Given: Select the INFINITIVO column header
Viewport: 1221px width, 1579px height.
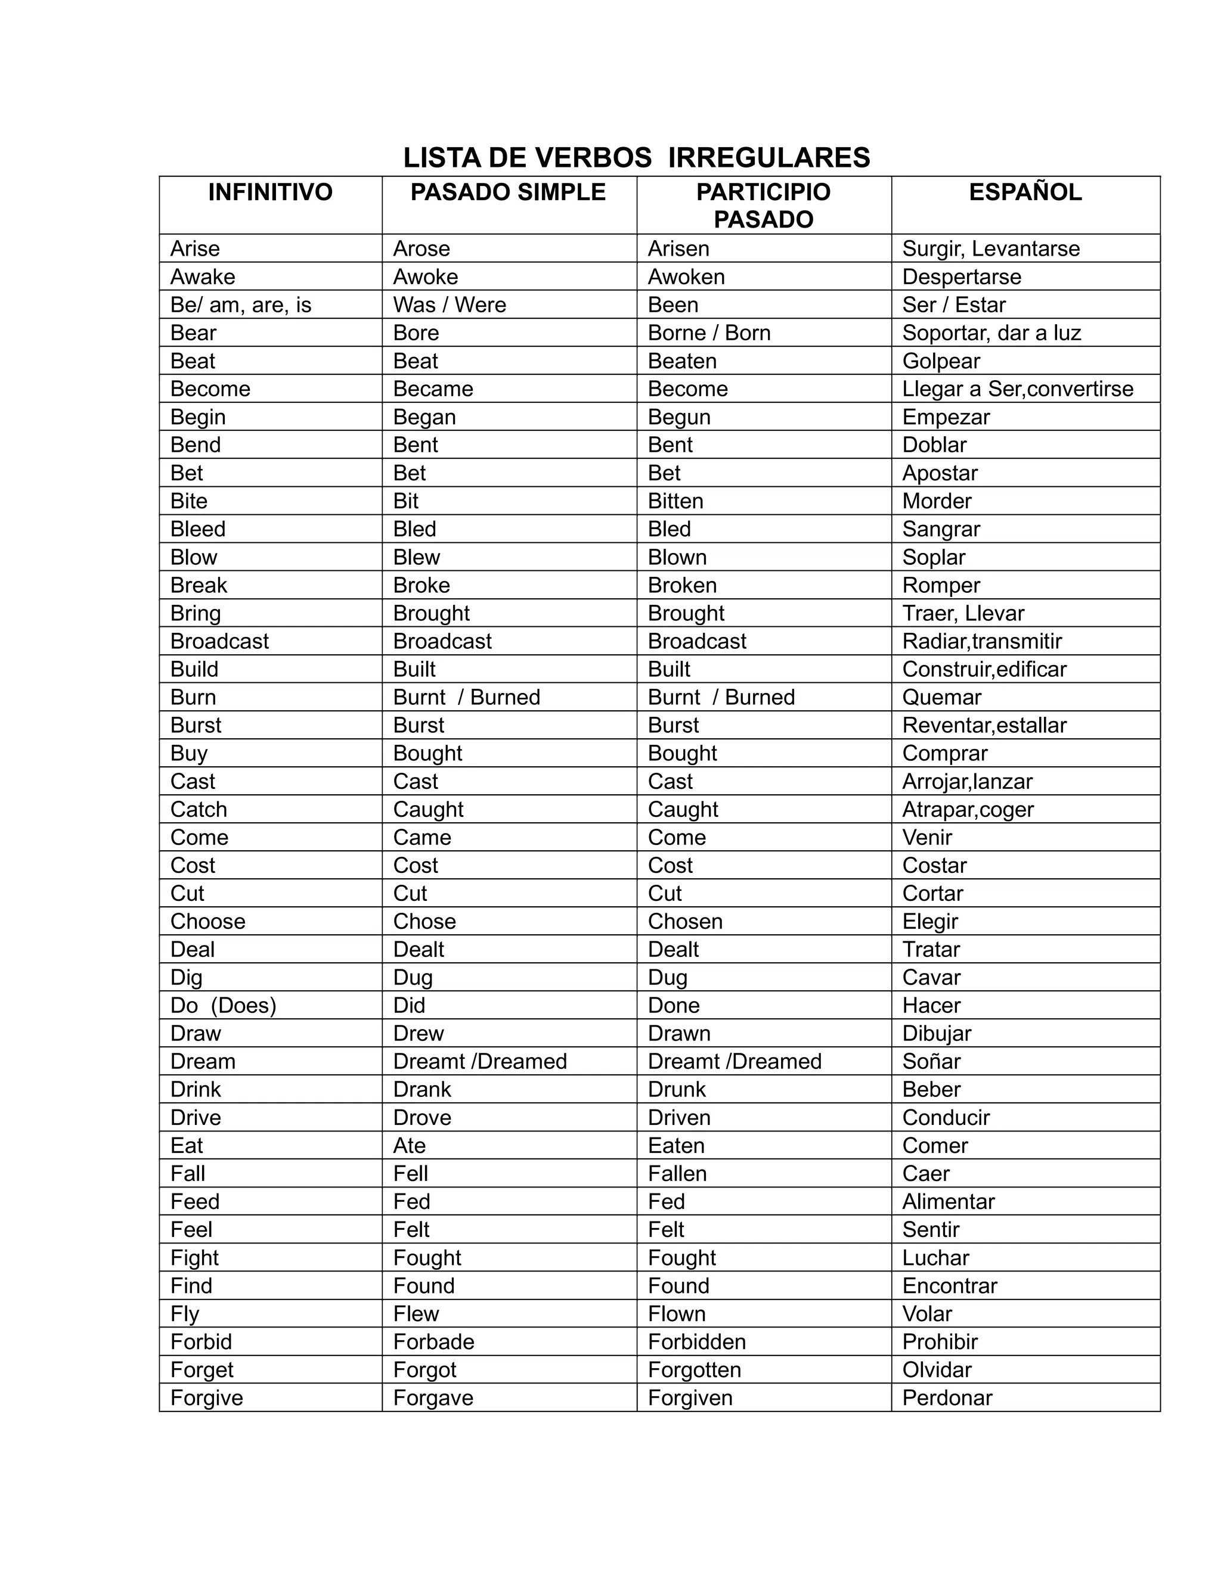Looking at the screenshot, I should pyautogui.click(x=270, y=192).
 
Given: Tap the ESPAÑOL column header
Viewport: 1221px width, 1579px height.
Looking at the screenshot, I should pyautogui.click(x=1025, y=192).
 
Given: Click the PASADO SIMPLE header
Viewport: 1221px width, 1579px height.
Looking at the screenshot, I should pyautogui.click(x=508, y=192).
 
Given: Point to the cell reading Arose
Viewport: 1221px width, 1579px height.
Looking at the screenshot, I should pyautogui.click(x=421, y=248).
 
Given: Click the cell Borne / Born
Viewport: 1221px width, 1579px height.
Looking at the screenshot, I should pyautogui.click(x=709, y=333).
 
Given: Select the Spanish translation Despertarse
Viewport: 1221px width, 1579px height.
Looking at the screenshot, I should pyautogui.click(x=961, y=277).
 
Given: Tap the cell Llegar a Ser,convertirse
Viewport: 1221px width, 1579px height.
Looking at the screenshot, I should pyautogui.click(x=1017, y=389).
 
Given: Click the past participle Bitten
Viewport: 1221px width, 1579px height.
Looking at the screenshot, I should pyautogui.click(x=675, y=501).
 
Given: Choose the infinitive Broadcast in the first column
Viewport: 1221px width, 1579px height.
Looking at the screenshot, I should pyautogui.click(x=219, y=641).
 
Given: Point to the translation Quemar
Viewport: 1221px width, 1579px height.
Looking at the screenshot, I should pyautogui.click(x=941, y=698).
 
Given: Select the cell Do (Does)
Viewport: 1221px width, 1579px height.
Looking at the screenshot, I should pyautogui.click(x=223, y=1006).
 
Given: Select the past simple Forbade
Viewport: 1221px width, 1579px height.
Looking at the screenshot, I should pyautogui.click(x=433, y=1342).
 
